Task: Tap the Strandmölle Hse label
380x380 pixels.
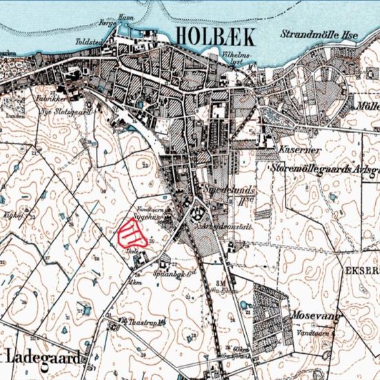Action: [318, 34]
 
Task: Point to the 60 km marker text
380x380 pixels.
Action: [241, 351]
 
